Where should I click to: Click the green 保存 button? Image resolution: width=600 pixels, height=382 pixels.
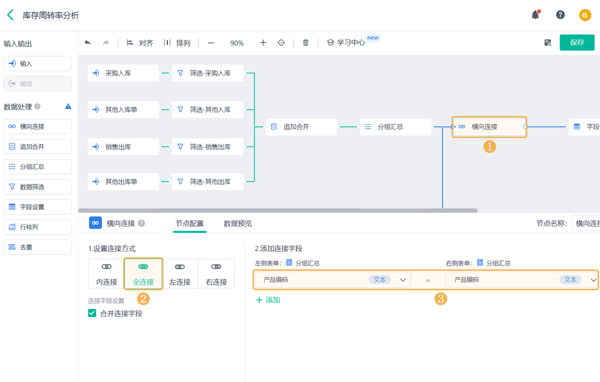(x=577, y=42)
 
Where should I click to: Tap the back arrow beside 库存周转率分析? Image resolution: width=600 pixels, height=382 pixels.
(x=10, y=15)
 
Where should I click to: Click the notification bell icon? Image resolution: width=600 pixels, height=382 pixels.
(x=535, y=15)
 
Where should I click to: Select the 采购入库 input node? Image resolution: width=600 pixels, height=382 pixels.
(x=123, y=73)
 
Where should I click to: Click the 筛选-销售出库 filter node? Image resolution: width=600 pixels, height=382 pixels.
(x=207, y=147)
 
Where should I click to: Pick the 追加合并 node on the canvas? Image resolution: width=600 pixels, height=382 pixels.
(x=301, y=127)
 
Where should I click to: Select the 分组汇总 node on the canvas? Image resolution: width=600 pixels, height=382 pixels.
(x=395, y=127)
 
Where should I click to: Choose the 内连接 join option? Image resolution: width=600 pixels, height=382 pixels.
(x=106, y=273)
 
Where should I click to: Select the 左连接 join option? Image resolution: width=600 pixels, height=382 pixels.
(x=179, y=273)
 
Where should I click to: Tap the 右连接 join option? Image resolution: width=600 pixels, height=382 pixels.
(x=216, y=273)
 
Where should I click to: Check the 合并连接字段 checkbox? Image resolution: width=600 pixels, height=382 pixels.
(x=92, y=313)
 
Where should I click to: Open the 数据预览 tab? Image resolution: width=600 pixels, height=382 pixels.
(x=237, y=223)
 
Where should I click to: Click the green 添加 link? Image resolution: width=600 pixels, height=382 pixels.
(x=268, y=300)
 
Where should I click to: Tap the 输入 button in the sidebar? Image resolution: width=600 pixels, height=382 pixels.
(x=37, y=63)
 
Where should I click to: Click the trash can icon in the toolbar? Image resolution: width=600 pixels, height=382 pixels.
(x=305, y=43)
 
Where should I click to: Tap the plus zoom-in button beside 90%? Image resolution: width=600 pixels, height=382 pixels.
(x=263, y=43)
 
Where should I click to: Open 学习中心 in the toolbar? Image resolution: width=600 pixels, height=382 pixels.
(x=346, y=43)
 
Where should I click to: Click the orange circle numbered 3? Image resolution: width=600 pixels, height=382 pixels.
(x=440, y=299)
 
